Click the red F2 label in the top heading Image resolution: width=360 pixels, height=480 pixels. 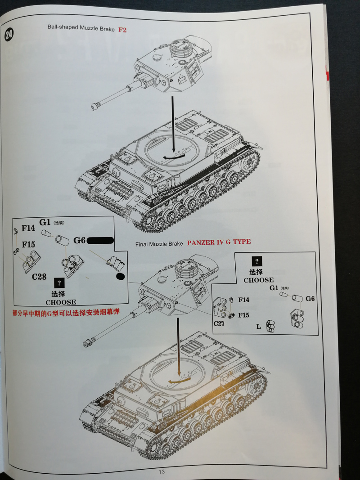pyautogui.click(x=123, y=30)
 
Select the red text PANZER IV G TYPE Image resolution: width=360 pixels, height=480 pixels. pyautogui.click(x=219, y=242)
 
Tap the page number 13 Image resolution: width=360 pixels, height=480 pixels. pyautogui.click(x=162, y=471)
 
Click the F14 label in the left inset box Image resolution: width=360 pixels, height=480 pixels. pyautogui.click(x=27, y=228)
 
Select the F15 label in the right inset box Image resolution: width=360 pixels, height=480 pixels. pyautogui.click(x=243, y=314)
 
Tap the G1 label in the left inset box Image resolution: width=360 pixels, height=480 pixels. pyautogui.click(x=45, y=222)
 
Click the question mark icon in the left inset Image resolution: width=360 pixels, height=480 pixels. pyautogui.click(x=58, y=283)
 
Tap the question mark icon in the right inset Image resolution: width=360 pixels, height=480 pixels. pyautogui.click(x=257, y=261)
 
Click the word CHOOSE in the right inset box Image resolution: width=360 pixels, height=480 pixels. pyautogui.click(x=258, y=280)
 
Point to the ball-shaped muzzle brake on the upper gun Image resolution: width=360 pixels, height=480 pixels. pyautogui.click(x=95, y=106)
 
